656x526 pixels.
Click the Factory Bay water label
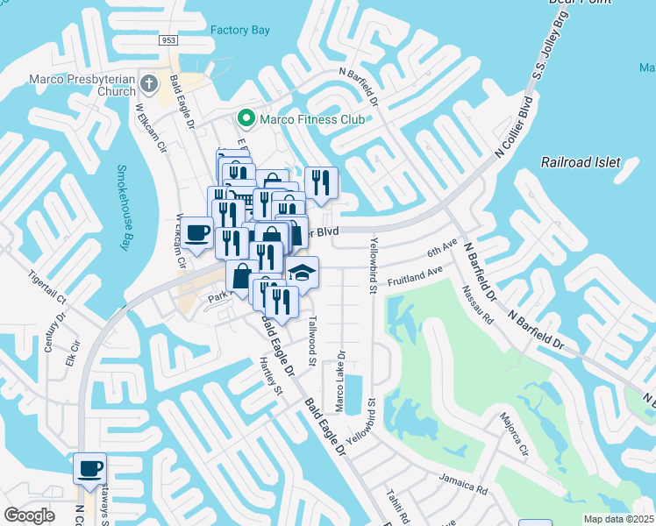click(x=239, y=30)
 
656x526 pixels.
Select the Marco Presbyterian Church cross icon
click(x=149, y=85)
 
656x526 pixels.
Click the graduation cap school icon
click(x=302, y=272)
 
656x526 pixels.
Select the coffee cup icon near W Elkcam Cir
click(x=198, y=233)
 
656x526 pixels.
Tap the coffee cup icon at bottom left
click(x=89, y=468)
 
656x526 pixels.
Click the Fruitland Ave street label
click(x=415, y=278)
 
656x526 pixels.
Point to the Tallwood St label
click(x=311, y=337)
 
